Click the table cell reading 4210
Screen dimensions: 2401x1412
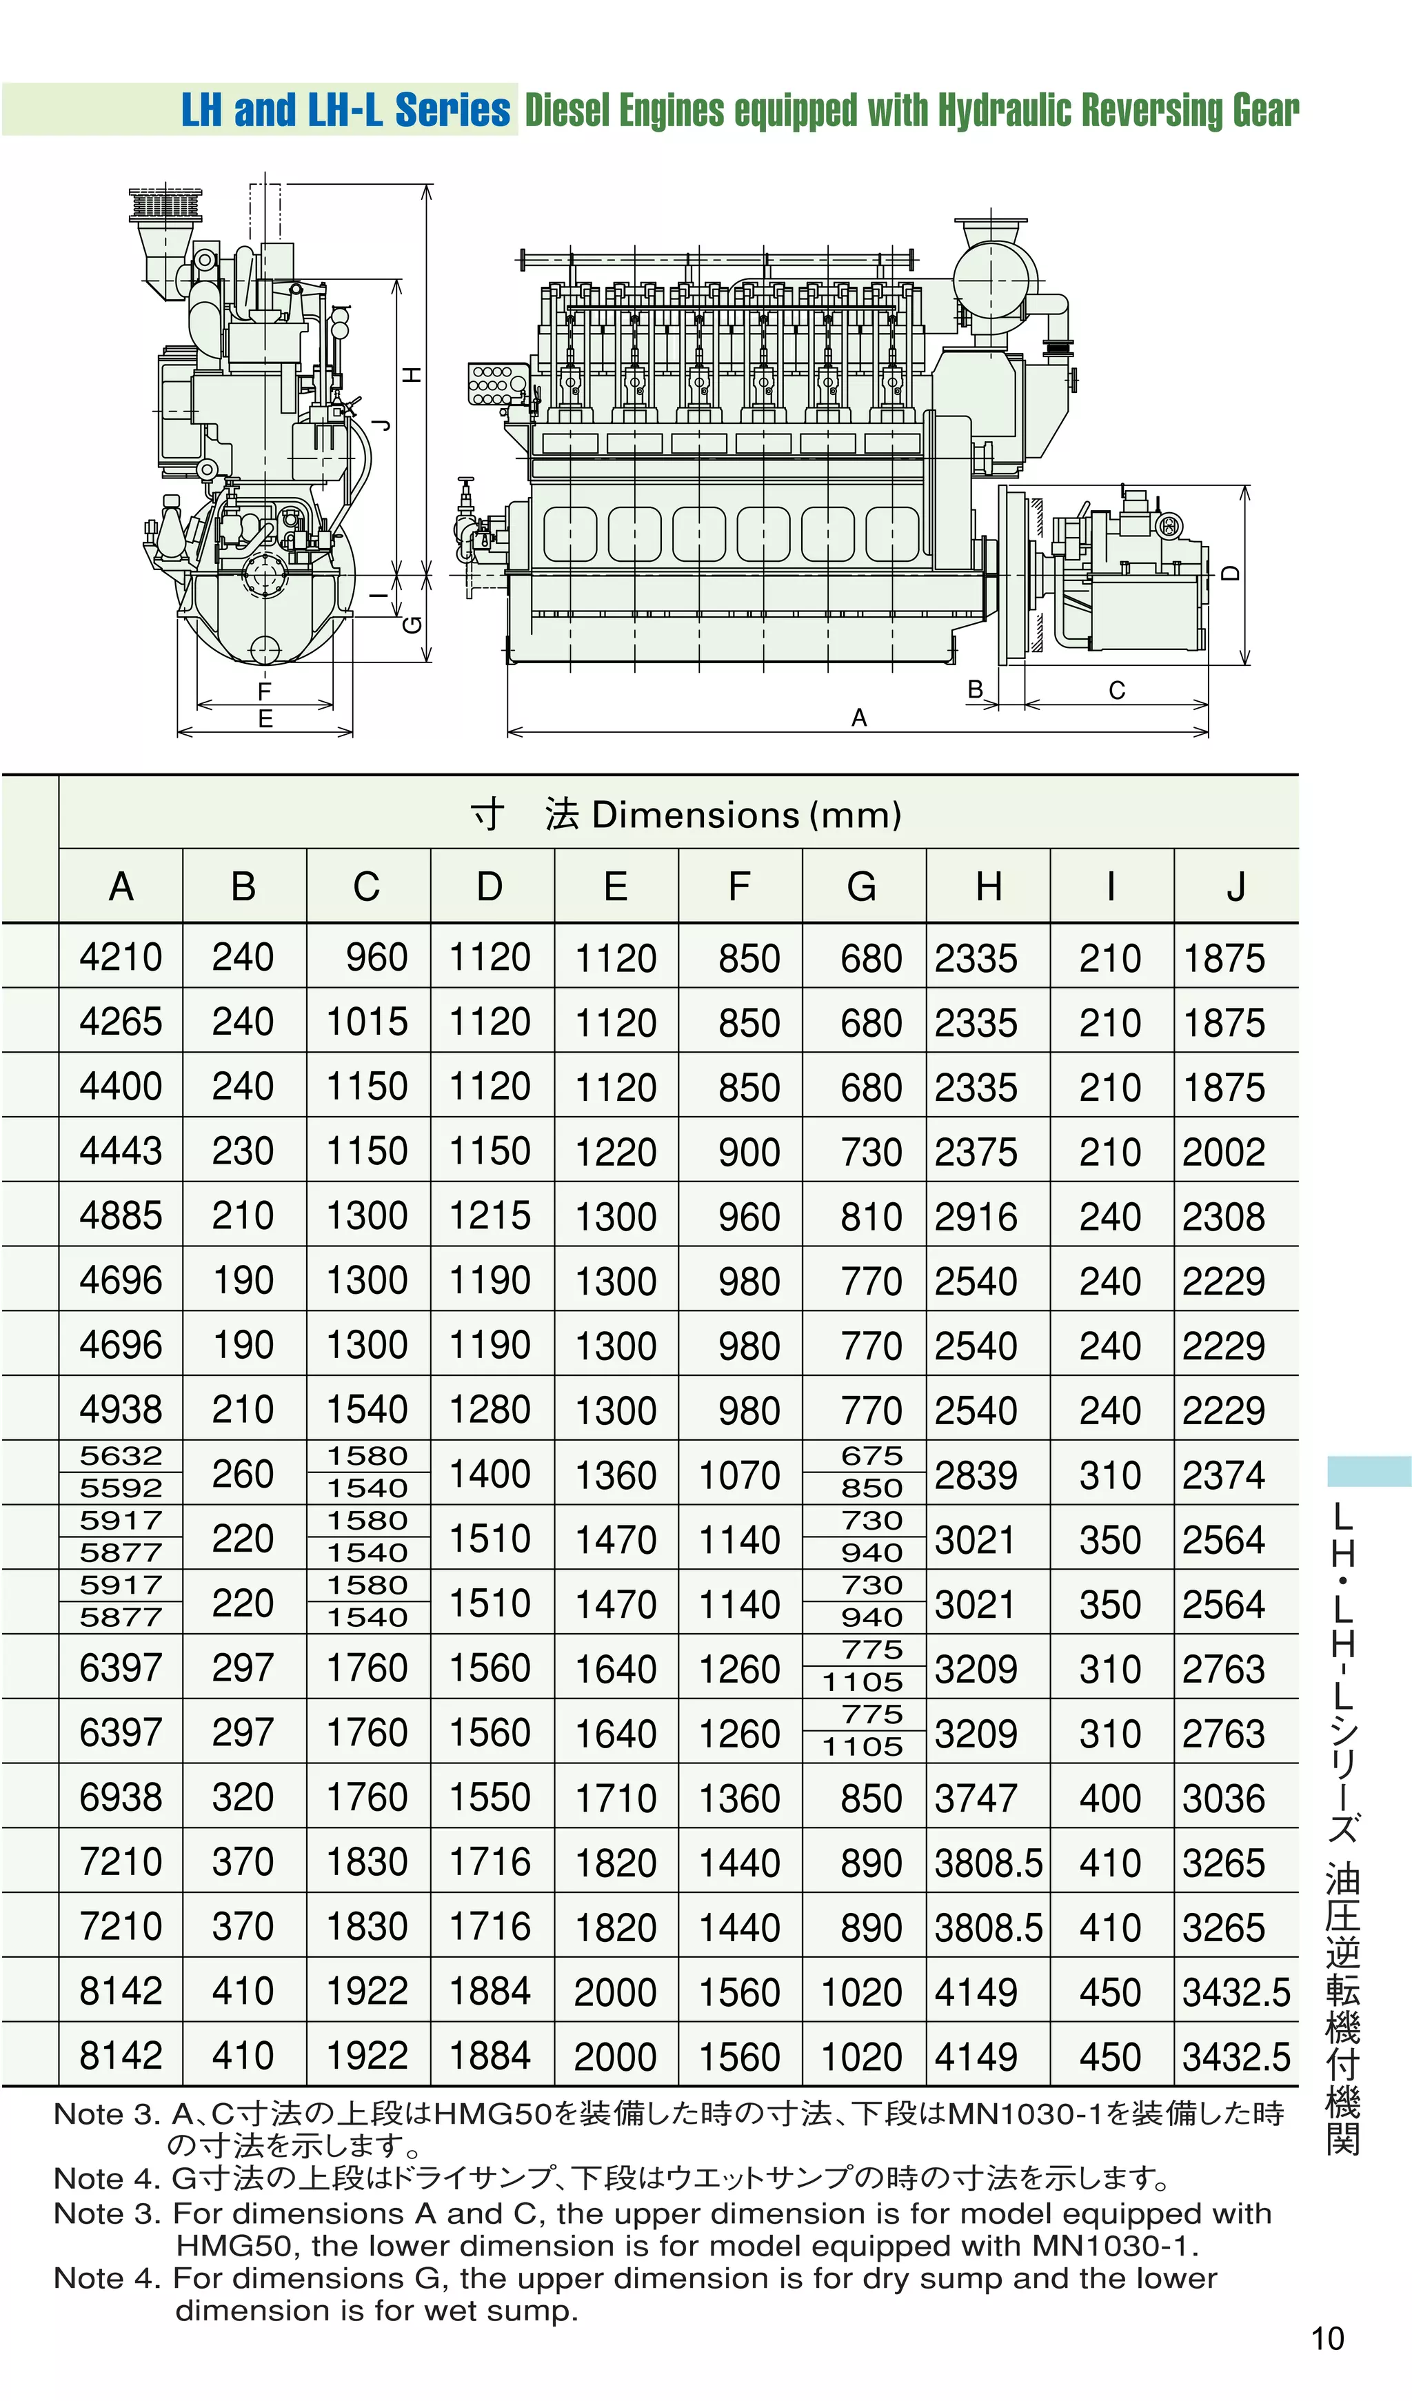pyautogui.click(x=121, y=957)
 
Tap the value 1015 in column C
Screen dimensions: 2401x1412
pyautogui.click(x=367, y=1022)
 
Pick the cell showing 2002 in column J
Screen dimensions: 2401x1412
pyautogui.click(x=1224, y=1151)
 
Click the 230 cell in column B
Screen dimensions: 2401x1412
pyautogui.click(x=243, y=1151)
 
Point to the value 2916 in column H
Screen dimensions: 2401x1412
pyautogui.click(x=976, y=1216)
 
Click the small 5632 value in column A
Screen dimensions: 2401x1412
pyautogui.click(x=121, y=1455)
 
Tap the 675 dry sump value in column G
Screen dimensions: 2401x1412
pyautogui.click(x=871, y=1455)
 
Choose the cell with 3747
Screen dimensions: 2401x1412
pyautogui.click(x=976, y=1798)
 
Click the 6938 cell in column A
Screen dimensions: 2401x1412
pyautogui.click(x=121, y=1797)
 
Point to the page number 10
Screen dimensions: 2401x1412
pyautogui.click(x=1327, y=2338)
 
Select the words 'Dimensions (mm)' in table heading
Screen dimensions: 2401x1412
pyautogui.click(x=746, y=815)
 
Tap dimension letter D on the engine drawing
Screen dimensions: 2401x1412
pyautogui.click(x=1231, y=574)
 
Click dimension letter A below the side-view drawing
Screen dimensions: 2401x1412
pyautogui.click(x=858, y=718)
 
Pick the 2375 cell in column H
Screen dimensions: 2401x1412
pyautogui.click(x=976, y=1151)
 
